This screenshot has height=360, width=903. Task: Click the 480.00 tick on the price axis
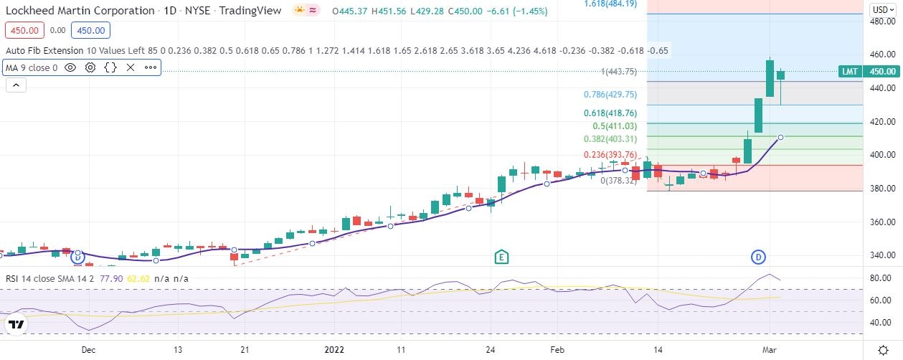[x=881, y=22]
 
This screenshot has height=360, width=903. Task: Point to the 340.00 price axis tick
[x=881, y=255]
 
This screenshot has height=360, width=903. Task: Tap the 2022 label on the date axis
[x=335, y=350]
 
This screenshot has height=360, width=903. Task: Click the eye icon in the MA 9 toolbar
[x=70, y=67]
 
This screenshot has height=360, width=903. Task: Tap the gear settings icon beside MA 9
[x=90, y=67]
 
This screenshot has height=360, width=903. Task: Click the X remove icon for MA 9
[x=131, y=67]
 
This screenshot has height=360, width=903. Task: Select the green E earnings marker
[x=502, y=257]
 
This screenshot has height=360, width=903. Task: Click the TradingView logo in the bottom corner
[x=16, y=325]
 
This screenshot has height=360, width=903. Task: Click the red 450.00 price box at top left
[x=24, y=31]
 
